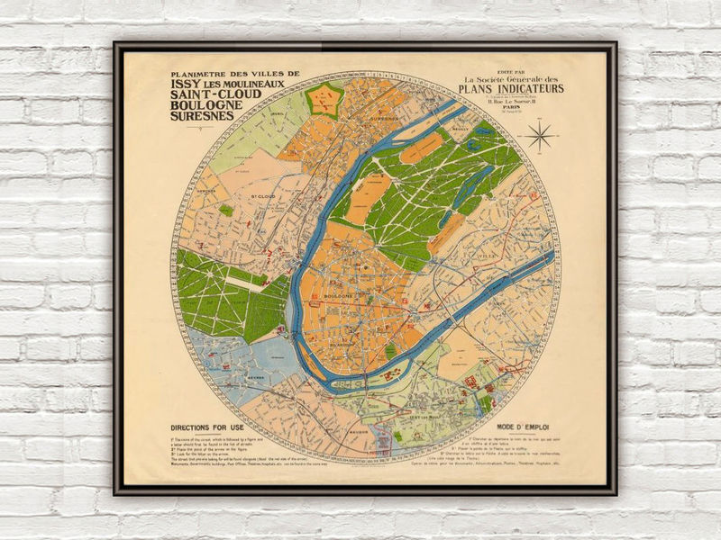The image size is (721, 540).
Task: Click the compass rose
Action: coord(541,137)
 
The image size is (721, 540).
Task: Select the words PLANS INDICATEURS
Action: coord(511,89)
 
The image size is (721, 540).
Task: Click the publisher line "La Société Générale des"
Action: coord(511,78)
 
